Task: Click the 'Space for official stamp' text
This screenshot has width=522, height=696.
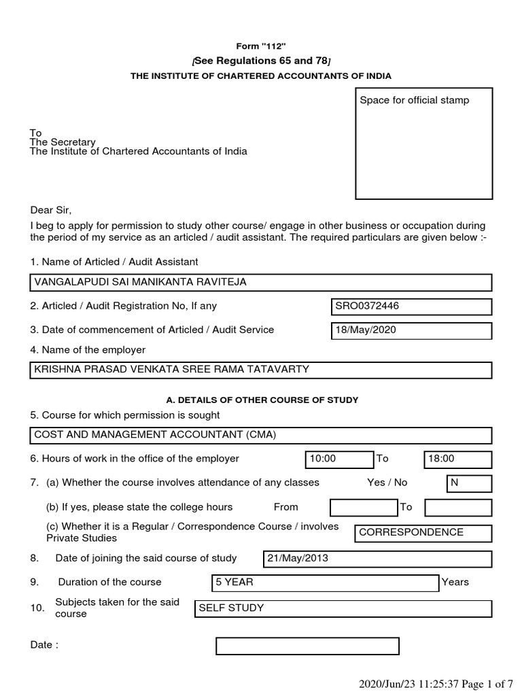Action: click(414, 101)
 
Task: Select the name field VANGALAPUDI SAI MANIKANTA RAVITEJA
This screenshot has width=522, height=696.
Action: click(261, 282)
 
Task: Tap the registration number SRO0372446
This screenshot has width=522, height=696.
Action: click(410, 307)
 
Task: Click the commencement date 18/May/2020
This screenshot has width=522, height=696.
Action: click(410, 330)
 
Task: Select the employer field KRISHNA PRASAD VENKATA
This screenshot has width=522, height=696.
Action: click(261, 370)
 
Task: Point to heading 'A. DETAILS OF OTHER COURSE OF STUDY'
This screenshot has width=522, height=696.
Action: click(261, 400)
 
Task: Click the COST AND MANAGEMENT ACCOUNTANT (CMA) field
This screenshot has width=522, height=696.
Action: click(261, 435)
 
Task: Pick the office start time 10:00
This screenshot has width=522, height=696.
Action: click(339, 459)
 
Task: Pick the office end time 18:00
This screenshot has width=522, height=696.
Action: click(457, 459)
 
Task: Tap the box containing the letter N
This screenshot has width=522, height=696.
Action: click(469, 483)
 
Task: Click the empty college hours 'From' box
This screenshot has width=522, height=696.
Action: click(364, 508)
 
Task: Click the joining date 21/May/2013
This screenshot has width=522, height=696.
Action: click(377, 559)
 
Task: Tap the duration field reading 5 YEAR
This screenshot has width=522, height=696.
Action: click(326, 583)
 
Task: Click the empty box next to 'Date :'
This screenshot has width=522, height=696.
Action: click(307, 646)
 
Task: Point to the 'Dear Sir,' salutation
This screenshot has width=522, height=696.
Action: click(51, 209)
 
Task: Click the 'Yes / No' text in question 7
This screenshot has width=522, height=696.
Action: click(387, 483)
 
